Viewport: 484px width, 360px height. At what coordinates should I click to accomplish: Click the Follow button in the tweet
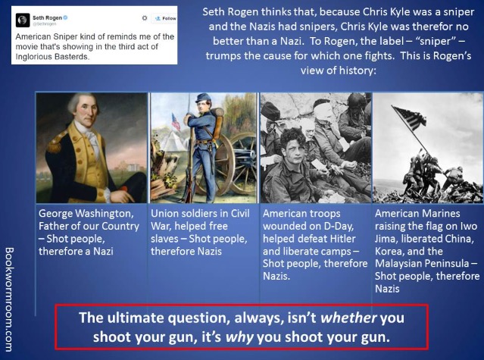tap(165, 18)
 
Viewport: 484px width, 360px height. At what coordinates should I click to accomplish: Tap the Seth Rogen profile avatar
tap(23, 20)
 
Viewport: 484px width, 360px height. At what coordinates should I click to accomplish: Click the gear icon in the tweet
tap(145, 18)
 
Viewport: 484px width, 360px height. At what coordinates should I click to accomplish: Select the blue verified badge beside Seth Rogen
tap(65, 17)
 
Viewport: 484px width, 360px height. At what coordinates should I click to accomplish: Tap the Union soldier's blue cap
tap(203, 98)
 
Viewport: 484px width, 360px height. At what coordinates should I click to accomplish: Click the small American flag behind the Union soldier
tap(176, 121)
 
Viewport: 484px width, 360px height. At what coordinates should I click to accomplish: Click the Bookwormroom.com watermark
tap(9, 299)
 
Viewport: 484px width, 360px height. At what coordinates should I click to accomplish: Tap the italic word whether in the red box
tap(348, 318)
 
